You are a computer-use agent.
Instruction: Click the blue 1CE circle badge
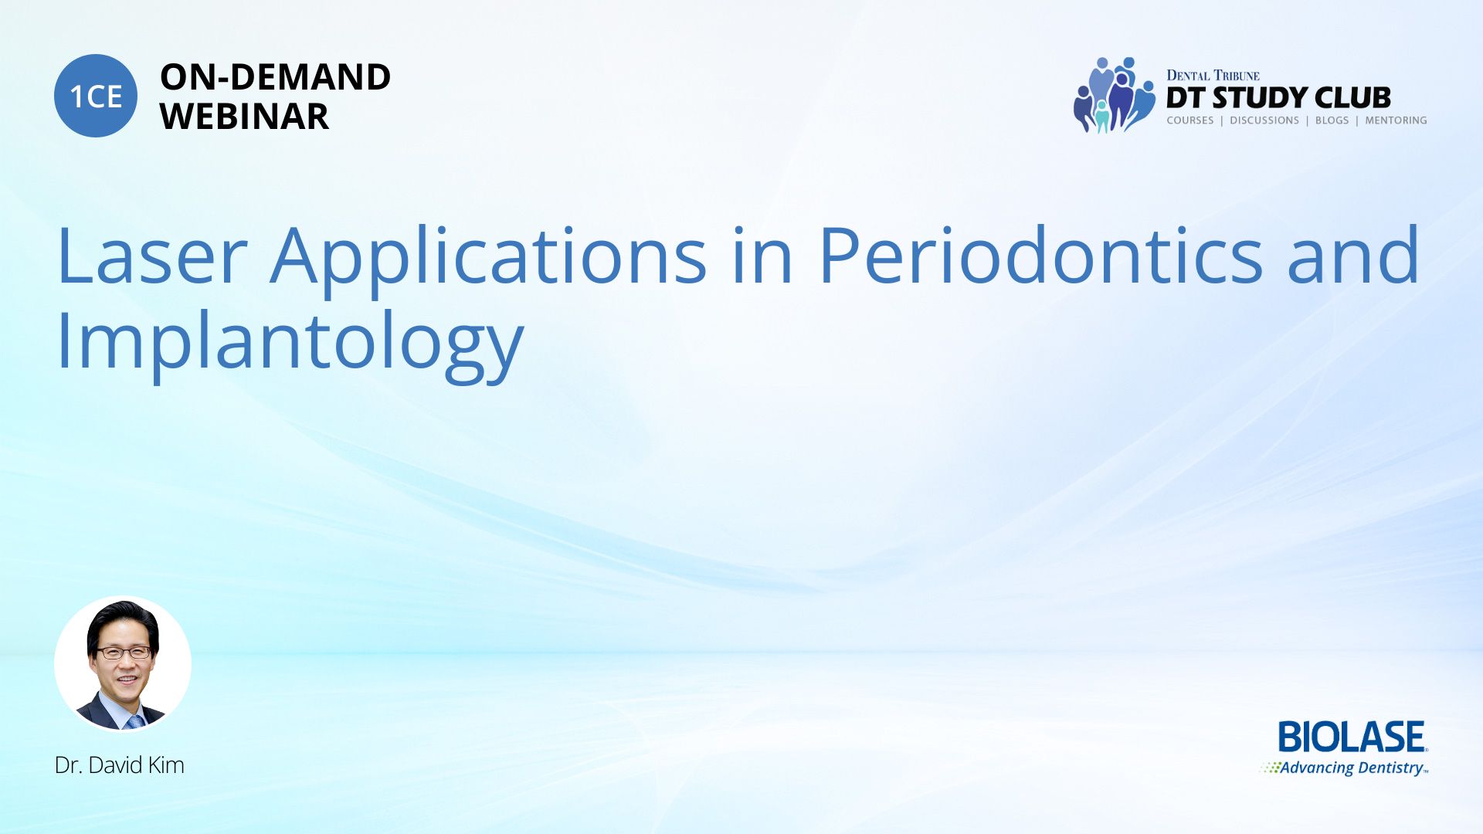96,96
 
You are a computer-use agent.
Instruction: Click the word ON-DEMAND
275,77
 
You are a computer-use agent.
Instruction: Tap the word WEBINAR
244,117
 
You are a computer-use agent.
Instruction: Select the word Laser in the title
152,256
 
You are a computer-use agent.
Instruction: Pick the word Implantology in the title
290,344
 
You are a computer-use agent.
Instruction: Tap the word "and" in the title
1353,254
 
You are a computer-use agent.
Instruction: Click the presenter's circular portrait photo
123,663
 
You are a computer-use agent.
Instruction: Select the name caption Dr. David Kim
120,765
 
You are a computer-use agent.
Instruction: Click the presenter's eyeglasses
124,653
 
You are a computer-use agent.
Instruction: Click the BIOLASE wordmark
1352,737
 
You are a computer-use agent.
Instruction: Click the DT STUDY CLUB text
1278,98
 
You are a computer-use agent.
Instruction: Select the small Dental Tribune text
1213,75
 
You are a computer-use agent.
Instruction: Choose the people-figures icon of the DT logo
1113,95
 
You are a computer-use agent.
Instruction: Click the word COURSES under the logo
1190,120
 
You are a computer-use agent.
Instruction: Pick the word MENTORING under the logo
1396,120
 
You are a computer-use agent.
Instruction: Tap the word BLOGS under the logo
1332,120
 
